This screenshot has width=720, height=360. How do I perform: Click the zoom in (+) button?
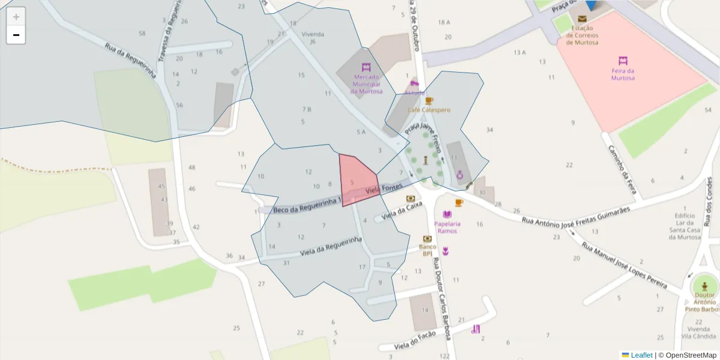16,17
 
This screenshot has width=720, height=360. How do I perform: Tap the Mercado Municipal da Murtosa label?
367,84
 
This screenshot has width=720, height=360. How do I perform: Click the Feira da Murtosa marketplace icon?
623,61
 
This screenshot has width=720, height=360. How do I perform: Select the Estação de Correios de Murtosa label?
582,35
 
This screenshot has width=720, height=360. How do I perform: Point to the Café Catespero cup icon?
428,101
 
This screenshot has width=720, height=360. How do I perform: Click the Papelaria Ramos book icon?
447,214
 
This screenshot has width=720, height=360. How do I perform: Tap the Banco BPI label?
427,250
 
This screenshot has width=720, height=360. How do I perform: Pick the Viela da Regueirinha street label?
331,246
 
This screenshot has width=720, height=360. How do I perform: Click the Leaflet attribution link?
641,355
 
